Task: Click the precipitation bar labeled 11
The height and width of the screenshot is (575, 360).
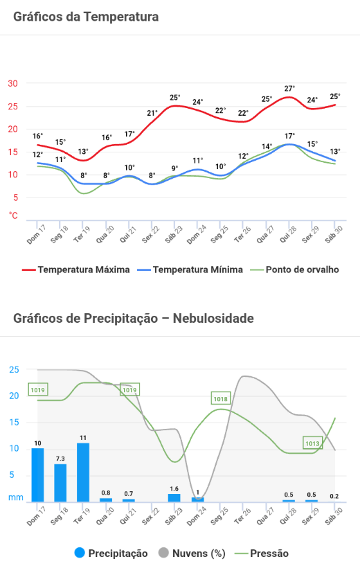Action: [83, 472]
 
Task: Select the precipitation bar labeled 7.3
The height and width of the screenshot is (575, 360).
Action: [60, 483]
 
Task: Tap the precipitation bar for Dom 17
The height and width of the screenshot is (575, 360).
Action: [38, 475]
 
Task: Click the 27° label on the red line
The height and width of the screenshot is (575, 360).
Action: [289, 89]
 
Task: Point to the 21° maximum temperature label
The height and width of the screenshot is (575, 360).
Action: [152, 113]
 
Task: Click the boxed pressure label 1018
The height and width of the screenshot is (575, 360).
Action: [221, 398]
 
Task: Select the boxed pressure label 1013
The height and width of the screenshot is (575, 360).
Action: [313, 443]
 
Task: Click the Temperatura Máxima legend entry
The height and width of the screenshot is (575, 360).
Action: [76, 269]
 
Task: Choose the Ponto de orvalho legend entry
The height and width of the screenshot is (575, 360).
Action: [294, 269]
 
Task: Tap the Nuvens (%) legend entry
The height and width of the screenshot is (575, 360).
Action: [192, 553]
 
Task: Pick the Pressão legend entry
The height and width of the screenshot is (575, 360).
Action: [262, 554]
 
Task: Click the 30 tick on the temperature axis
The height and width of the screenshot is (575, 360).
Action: [13, 84]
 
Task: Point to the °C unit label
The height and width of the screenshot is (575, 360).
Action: [13, 215]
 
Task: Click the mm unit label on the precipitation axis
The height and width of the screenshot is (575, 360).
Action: [16, 497]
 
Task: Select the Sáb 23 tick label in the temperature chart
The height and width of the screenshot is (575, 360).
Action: [173, 235]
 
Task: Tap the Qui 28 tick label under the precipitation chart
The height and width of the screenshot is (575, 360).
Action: [288, 516]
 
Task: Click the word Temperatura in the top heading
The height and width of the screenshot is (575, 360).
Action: [121, 17]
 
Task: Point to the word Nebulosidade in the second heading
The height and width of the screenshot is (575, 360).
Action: [213, 318]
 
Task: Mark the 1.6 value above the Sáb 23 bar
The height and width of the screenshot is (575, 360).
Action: [174, 489]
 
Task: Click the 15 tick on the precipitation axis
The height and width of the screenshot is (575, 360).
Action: [14, 423]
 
